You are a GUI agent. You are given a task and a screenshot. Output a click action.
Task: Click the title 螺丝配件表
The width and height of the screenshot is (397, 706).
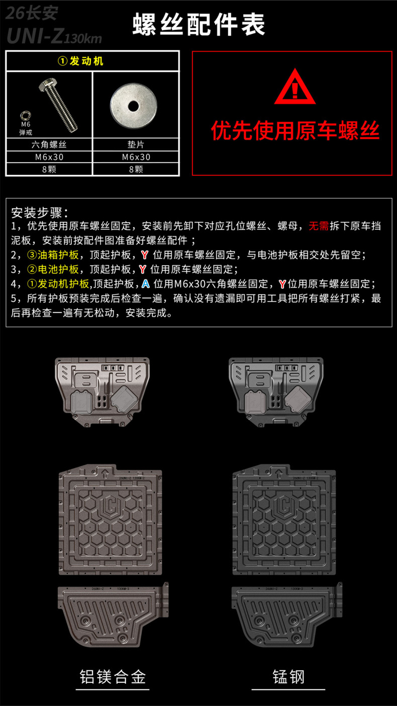[x=198, y=25]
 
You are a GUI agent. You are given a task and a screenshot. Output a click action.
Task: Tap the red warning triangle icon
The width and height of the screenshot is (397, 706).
[x=295, y=86]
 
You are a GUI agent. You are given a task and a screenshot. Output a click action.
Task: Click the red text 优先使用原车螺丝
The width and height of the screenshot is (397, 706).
[x=295, y=130]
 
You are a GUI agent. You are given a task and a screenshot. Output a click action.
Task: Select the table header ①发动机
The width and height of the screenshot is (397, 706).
[x=80, y=61]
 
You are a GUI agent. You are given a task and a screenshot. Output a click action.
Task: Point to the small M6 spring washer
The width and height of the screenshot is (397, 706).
[x=25, y=116]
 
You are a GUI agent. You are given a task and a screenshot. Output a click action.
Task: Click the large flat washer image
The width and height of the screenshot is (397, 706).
[x=134, y=106]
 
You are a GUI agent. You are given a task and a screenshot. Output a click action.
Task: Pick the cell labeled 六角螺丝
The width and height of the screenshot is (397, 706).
[x=49, y=145]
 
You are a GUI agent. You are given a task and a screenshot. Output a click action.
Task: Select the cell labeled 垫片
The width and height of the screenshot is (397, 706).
[x=136, y=145]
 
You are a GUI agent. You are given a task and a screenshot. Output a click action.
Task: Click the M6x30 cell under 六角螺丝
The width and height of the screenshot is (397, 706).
[x=49, y=157]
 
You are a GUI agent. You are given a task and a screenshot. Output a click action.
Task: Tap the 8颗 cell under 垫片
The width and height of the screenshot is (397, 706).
[x=136, y=169]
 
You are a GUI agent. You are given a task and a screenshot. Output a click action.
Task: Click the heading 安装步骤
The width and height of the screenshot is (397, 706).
[x=40, y=213]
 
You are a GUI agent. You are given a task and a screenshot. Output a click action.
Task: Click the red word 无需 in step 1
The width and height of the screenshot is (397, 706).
[x=319, y=226]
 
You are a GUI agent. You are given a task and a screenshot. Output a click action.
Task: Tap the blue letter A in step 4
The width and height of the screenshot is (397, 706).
[x=145, y=284]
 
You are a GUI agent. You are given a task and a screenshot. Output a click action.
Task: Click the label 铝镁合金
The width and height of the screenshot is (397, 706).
[x=113, y=677]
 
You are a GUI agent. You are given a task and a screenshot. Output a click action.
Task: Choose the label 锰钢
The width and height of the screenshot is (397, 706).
[x=288, y=677]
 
